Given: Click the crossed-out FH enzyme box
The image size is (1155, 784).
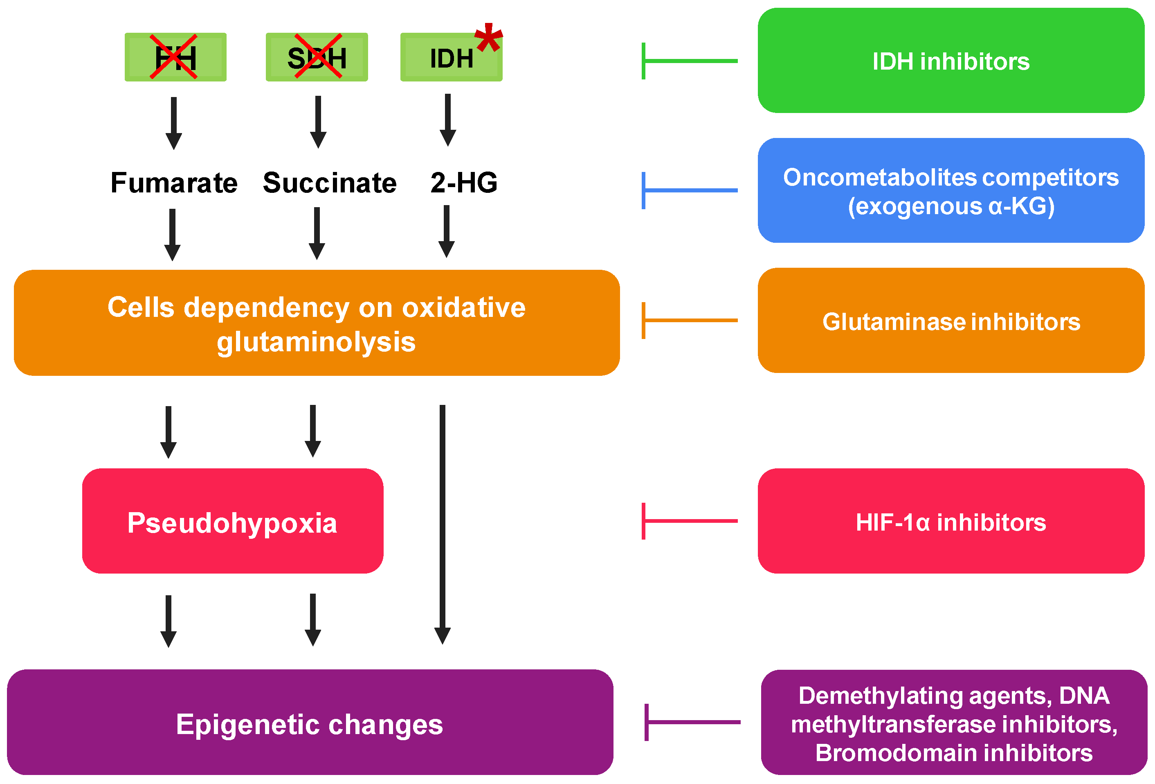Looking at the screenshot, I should pyautogui.click(x=175, y=57).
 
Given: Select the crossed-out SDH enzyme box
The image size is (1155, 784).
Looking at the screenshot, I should pyautogui.click(x=317, y=57).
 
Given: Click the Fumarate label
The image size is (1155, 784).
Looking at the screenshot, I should pyautogui.click(x=174, y=183).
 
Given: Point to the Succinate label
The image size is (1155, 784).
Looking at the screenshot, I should pyautogui.click(x=330, y=183).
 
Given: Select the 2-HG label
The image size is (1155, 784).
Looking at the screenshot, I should pyautogui.click(x=464, y=183).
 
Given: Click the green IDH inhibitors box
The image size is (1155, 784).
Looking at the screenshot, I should pyautogui.click(x=951, y=61).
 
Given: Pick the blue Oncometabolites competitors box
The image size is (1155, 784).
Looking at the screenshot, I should pyautogui.click(x=951, y=190).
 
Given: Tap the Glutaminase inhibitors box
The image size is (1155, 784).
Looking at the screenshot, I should pyautogui.click(x=951, y=321).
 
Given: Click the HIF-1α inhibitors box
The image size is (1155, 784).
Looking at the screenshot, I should pyautogui.click(x=951, y=521).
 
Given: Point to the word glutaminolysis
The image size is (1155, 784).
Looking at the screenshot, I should pyautogui.click(x=316, y=342).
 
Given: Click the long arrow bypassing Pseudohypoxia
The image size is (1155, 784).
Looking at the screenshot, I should pyautogui.click(x=442, y=522).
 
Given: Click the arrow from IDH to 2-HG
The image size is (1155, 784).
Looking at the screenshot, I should pyautogui.click(x=448, y=120).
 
